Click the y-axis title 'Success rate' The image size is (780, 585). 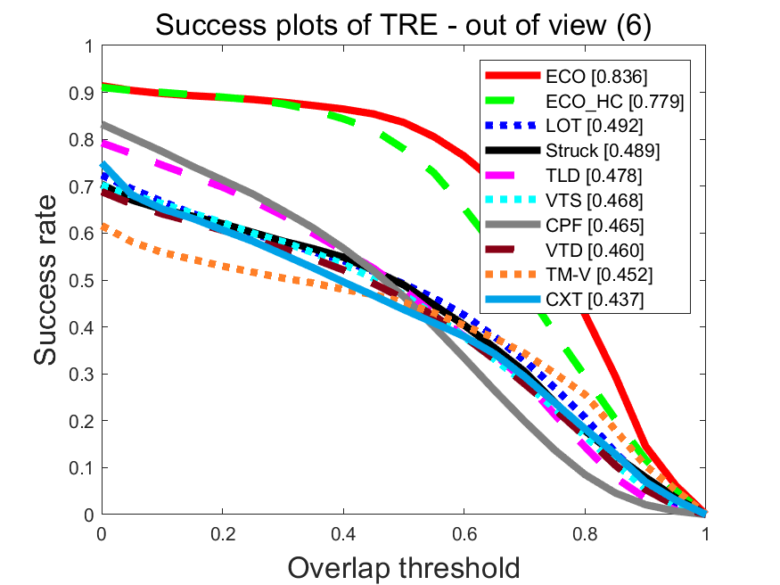[x=50, y=280]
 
